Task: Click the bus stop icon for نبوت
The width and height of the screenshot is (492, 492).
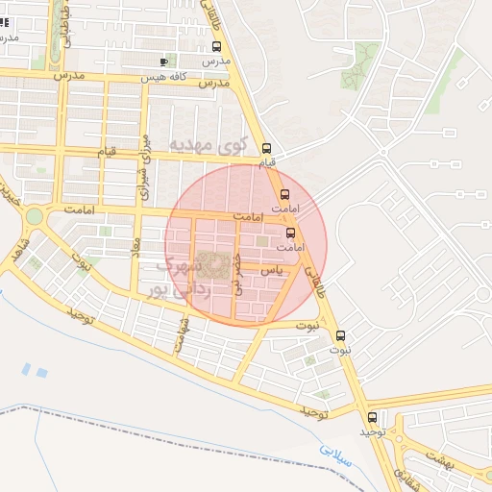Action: tap(341, 336)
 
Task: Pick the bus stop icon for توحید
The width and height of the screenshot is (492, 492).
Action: tap(372, 417)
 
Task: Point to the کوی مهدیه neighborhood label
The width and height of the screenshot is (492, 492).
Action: tap(209, 146)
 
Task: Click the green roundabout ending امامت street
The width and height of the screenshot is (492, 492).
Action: tap(35, 216)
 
